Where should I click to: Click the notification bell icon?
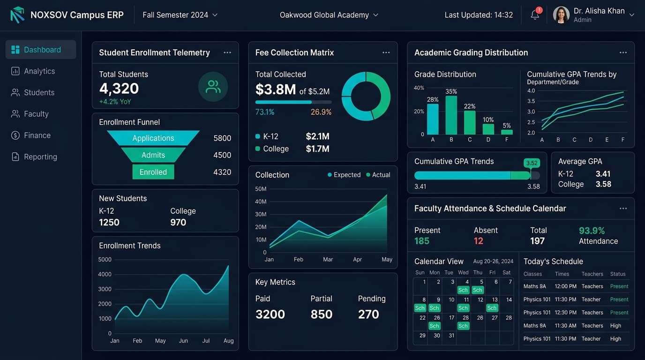coord(535,15)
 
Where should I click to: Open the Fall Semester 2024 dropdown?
coord(180,15)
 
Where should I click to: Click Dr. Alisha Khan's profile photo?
coord(561,15)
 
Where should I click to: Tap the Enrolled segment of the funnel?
coord(153,172)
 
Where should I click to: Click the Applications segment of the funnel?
coord(153,138)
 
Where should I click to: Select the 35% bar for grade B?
coord(451,115)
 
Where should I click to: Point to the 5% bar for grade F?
coord(507,132)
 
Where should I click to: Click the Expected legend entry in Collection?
coord(344,175)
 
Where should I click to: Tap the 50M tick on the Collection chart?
coord(261,189)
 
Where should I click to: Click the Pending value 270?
coord(368,314)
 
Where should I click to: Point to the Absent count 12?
coord(479,241)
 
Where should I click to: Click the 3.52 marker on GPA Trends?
coord(532,163)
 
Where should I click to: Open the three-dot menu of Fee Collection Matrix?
coord(386,52)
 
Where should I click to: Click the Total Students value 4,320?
coord(119,89)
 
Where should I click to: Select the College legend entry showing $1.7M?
coord(292,149)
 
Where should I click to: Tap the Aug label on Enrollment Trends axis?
coord(229,341)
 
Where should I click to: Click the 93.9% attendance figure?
coord(592,231)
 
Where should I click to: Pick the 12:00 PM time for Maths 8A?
coord(565,286)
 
